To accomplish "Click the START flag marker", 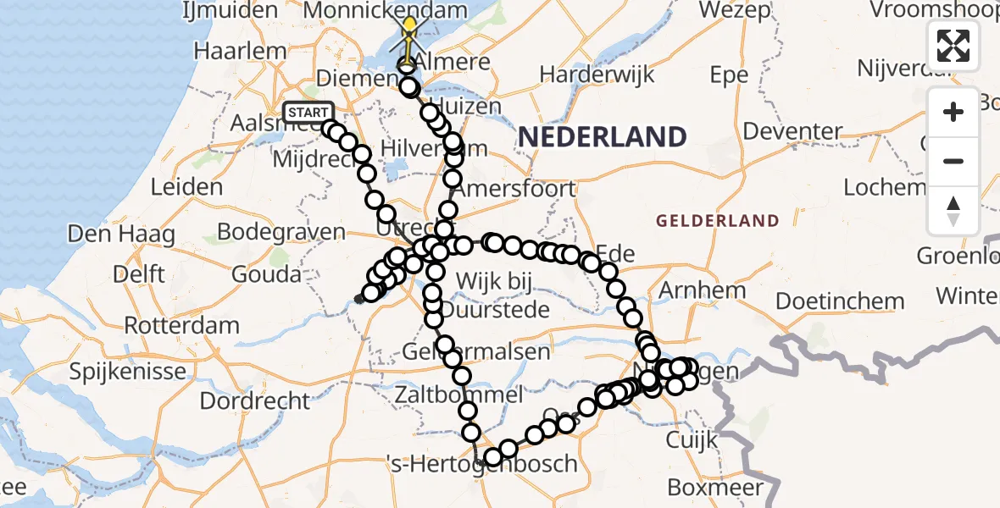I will point(308,113).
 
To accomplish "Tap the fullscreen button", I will point(953,45).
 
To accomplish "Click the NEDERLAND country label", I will point(602,136).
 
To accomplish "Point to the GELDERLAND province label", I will point(718,221).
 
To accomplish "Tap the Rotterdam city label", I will point(181,324).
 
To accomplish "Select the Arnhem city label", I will point(702,290).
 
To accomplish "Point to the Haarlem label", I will point(240,51).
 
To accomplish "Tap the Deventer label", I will point(794,131).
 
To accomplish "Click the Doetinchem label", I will point(840,301).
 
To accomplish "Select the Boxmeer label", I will point(715,487).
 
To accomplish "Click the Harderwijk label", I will point(597,74).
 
